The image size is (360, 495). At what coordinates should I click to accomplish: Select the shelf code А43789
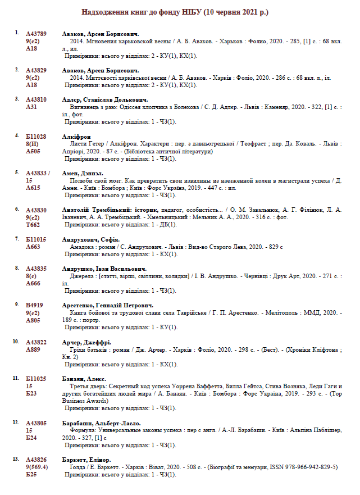(37, 34)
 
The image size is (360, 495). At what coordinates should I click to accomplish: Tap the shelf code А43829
(37, 70)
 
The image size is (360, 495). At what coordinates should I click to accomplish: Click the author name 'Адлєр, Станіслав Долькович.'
(101, 99)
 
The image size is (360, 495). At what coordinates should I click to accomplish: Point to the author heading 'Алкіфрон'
(76, 137)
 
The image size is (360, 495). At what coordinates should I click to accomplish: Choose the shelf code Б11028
(37, 137)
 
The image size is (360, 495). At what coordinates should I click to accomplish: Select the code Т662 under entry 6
(33, 224)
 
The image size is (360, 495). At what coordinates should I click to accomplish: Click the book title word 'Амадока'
(82, 247)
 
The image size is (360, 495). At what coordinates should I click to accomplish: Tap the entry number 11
(16, 379)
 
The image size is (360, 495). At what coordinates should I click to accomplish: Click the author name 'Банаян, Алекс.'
(84, 379)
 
